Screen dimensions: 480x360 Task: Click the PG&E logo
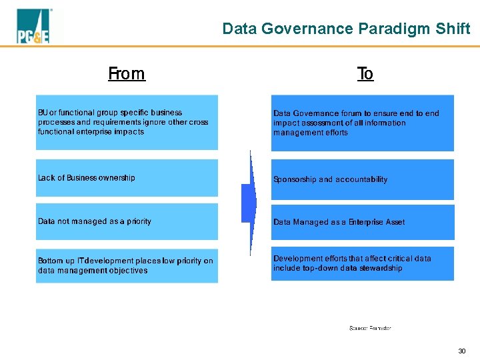(x=33, y=27)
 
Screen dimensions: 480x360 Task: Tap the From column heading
(x=127, y=73)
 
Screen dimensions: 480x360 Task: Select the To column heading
(x=365, y=73)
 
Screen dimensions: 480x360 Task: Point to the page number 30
(x=461, y=351)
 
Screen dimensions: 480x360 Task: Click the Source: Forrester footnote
(x=370, y=328)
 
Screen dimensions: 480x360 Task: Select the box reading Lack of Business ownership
(x=127, y=178)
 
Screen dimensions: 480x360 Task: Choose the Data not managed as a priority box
(x=127, y=221)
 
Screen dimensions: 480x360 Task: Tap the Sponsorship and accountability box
(x=362, y=179)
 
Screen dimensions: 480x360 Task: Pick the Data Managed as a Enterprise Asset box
(x=362, y=222)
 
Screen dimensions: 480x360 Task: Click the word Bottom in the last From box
(x=51, y=261)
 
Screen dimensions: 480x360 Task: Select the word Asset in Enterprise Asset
(x=394, y=222)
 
